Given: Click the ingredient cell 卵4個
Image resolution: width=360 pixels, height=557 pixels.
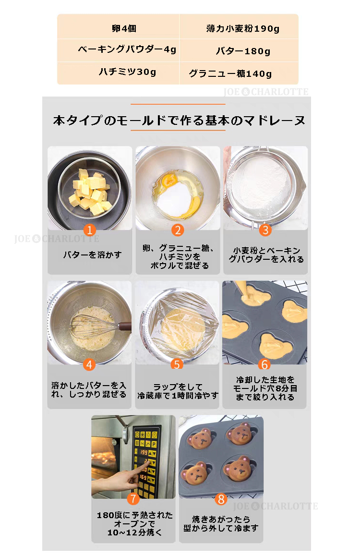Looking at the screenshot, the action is click(x=124, y=28).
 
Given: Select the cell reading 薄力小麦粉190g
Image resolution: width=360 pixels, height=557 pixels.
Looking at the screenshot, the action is click(x=243, y=28).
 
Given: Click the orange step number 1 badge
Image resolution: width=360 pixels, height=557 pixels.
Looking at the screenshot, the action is click(x=89, y=230).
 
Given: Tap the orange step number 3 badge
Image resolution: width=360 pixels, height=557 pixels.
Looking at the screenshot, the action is click(x=265, y=230).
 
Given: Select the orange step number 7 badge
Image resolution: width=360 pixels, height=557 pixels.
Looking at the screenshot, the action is click(x=133, y=499).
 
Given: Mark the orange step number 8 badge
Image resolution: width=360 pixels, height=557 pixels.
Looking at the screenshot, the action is click(x=221, y=499).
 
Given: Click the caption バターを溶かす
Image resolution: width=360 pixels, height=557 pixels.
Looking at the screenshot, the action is click(x=92, y=254).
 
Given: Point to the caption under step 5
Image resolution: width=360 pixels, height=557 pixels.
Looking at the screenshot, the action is click(x=178, y=391).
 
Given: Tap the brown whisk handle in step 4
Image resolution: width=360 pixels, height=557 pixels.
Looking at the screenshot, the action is click(x=124, y=325).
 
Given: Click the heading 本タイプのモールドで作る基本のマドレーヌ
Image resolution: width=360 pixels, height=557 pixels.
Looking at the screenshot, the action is click(x=179, y=121).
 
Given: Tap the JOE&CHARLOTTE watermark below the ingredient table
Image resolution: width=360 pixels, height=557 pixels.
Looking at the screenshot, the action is click(x=266, y=92).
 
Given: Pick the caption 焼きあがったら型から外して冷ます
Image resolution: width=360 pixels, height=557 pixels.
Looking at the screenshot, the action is click(x=221, y=523).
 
